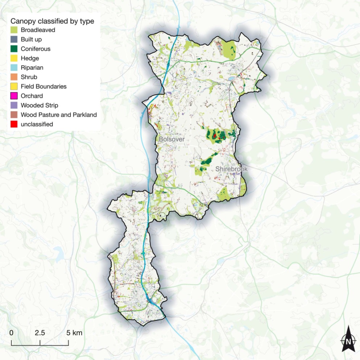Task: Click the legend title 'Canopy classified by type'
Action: (x=52, y=21)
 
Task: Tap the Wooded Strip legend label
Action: (x=39, y=105)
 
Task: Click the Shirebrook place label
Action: (x=231, y=169)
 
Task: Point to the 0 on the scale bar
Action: (x=11, y=333)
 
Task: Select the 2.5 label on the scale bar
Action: (x=40, y=333)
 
